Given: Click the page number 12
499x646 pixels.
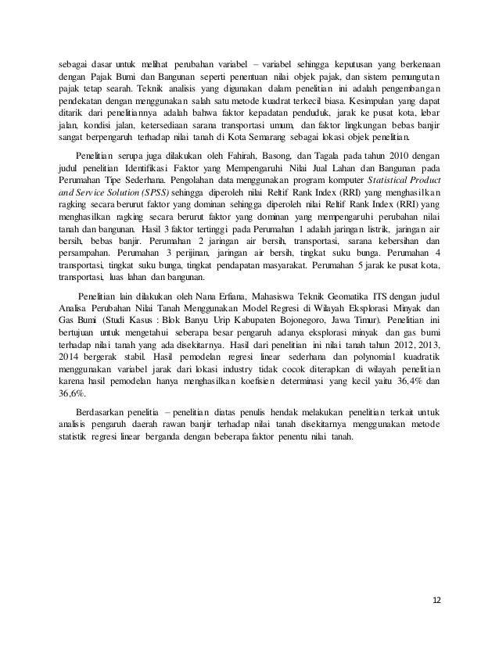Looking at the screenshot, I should (x=437, y=600).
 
